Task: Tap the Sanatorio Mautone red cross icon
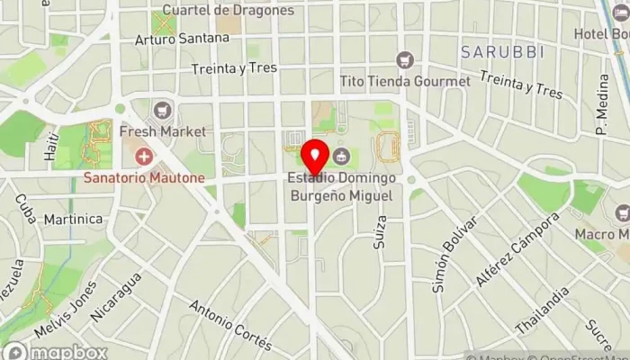pyautogui.click(x=142, y=158)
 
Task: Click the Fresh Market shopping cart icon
pyautogui.click(x=162, y=112)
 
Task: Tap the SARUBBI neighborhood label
pyautogui.click(x=503, y=52)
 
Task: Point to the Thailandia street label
pyautogui.click(x=542, y=309)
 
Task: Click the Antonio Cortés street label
pyautogui.click(x=230, y=325)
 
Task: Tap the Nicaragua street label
pyautogui.click(x=117, y=296)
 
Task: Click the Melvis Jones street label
pyautogui.click(x=66, y=310)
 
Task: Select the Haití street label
pyautogui.click(x=51, y=147)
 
